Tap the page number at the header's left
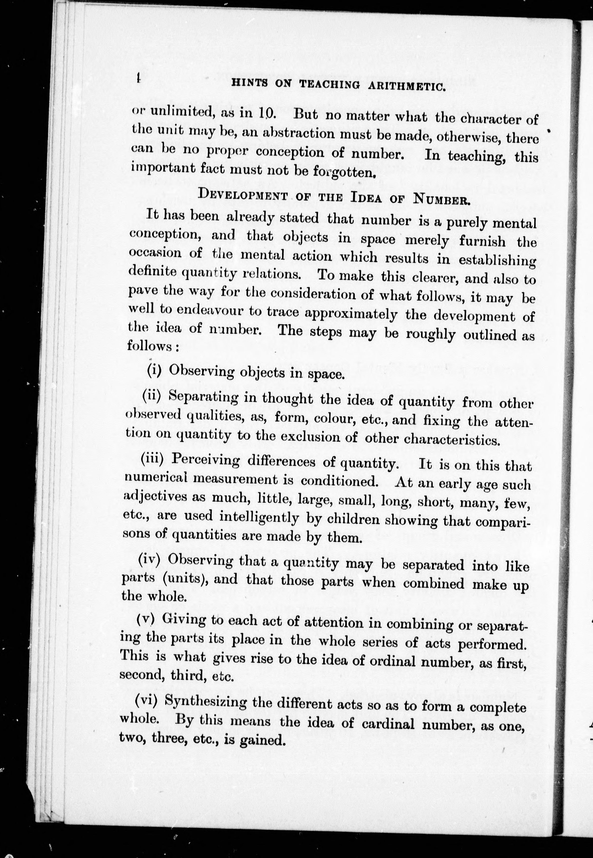138,79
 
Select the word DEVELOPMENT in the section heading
243,195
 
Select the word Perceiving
206,461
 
